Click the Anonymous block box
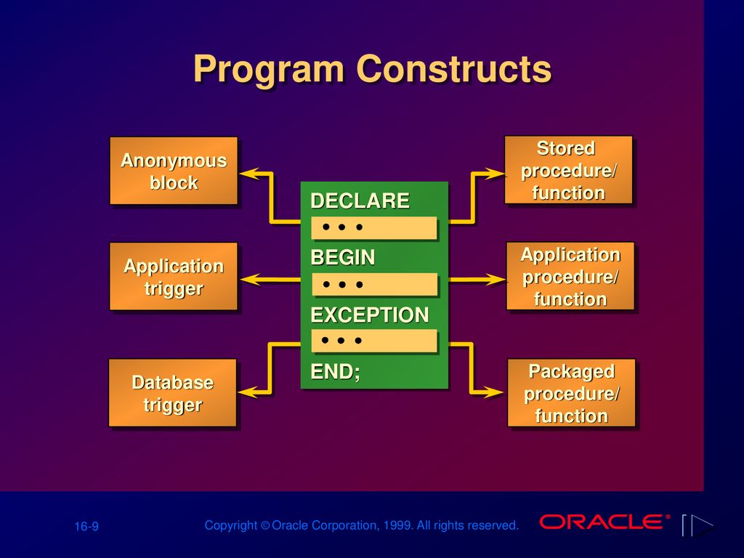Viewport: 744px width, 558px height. coord(174,171)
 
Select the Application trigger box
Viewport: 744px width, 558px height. coord(174,276)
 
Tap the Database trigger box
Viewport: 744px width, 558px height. coord(173,393)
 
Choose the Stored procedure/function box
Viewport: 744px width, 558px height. coord(568,170)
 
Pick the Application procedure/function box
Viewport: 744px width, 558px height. coord(570,276)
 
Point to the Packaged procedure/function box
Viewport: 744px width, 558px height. coord(571,393)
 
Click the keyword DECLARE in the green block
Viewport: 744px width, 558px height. coord(360,201)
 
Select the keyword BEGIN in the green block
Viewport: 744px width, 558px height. coord(343,258)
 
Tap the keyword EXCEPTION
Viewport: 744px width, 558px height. coord(370,315)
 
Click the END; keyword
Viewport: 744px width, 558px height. coord(335,371)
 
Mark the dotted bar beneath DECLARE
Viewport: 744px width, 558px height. coord(374,227)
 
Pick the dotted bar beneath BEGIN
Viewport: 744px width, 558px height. coord(374,284)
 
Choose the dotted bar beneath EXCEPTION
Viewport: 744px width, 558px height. coord(374,341)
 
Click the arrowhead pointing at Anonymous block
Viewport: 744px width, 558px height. coord(250,173)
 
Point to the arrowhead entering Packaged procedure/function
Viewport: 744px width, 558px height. coord(493,392)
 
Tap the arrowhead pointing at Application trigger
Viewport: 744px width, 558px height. coord(251,280)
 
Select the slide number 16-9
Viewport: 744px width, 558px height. coord(86,526)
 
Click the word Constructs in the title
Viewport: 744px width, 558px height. coord(453,69)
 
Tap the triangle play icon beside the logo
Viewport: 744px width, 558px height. coord(702,526)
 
